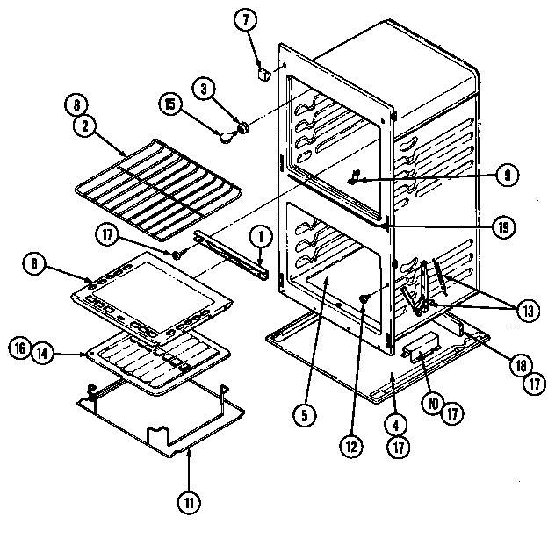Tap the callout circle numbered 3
[x=204, y=90]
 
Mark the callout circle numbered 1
[x=260, y=235]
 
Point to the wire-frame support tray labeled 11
[x=158, y=421]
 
